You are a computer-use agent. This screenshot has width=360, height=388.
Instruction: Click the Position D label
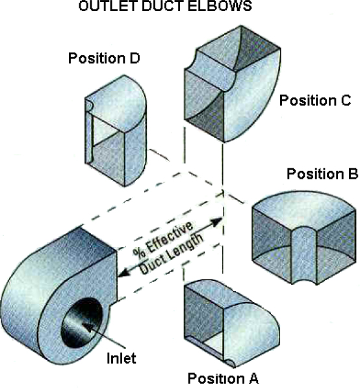click(104, 58)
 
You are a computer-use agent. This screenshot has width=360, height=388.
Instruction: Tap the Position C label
click(315, 101)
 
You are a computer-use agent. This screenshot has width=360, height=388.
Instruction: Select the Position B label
click(322, 174)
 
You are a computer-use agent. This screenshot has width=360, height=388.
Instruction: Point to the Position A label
click(223, 378)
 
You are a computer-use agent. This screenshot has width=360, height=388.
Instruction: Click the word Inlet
click(122, 358)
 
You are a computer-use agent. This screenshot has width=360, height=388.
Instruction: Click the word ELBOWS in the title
click(220, 6)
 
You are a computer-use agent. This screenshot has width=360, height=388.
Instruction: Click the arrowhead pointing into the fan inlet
click(88, 327)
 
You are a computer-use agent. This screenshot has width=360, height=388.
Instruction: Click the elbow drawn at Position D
click(116, 131)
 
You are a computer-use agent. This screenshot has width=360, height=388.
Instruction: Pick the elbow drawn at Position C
click(232, 84)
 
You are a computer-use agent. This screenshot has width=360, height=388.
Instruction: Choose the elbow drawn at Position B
click(304, 238)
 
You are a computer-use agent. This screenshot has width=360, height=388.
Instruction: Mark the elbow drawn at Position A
click(232, 324)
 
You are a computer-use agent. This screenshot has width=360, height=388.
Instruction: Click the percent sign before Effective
click(138, 253)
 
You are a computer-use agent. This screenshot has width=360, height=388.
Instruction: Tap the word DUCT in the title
click(162, 6)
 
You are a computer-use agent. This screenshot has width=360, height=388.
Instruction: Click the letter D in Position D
click(135, 58)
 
